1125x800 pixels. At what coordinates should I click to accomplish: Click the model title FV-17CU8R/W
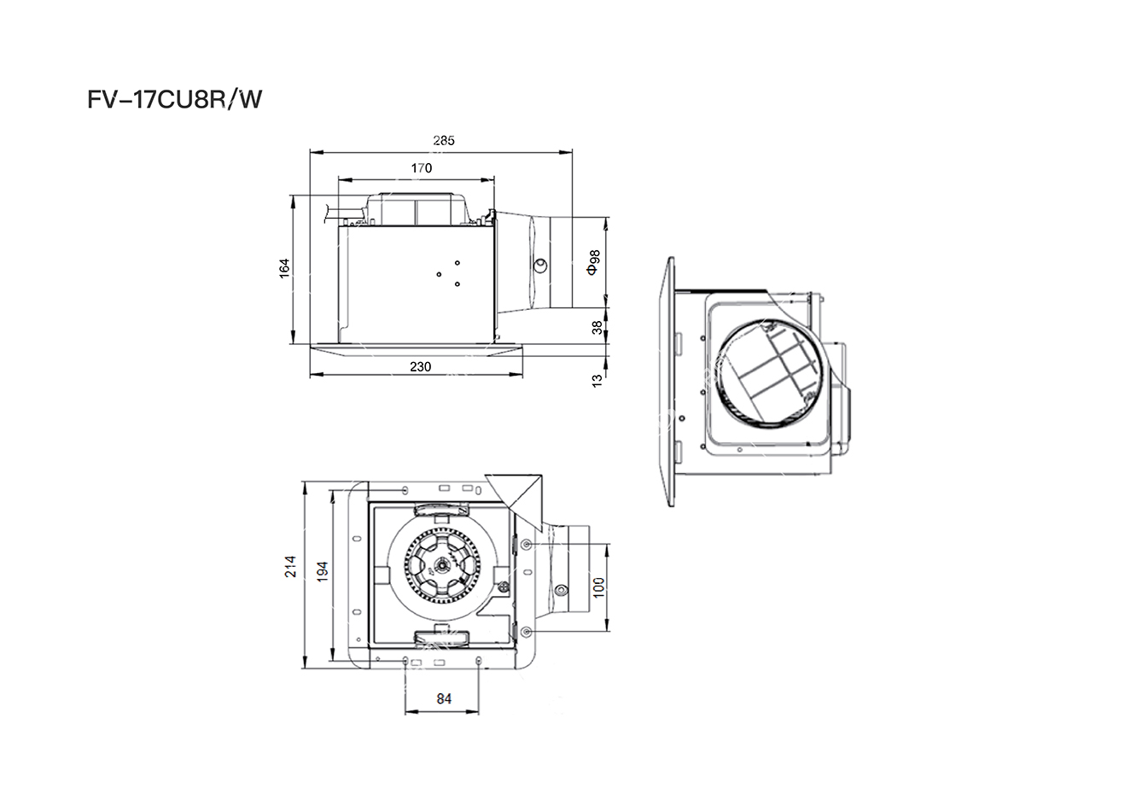point(174,100)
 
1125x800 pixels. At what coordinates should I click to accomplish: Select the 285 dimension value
point(444,141)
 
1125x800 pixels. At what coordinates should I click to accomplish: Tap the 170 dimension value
point(422,168)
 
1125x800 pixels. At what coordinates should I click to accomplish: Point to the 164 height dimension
point(284,268)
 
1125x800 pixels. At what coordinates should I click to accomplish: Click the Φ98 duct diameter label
point(593,262)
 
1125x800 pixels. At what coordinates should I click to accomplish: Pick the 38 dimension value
point(597,328)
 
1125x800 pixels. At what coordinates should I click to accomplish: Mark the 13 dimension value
point(597,381)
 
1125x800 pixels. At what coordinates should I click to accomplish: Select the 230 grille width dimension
point(420,367)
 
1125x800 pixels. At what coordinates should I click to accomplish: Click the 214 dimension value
point(290,566)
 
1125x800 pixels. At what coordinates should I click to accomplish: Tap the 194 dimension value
point(322,571)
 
